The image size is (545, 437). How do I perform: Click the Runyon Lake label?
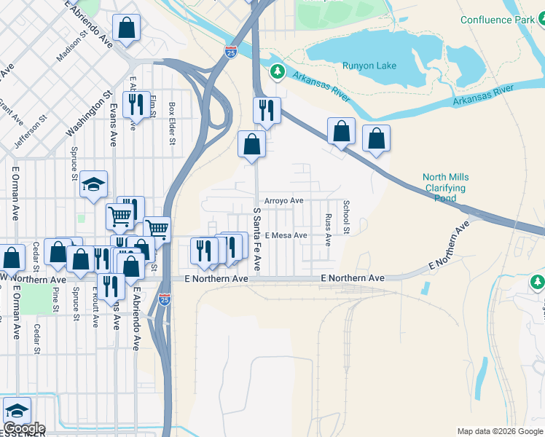(x=369, y=66)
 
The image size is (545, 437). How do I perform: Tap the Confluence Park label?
(x=497, y=20)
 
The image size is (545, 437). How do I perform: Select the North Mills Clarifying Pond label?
(x=446, y=187)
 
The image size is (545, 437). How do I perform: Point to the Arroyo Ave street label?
(x=283, y=200)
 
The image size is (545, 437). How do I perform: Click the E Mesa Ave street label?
(x=286, y=235)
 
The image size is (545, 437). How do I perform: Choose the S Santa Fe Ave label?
(x=256, y=240)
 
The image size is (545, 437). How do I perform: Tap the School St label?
(x=346, y=218)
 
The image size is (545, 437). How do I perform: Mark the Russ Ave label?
(x=328, y=229)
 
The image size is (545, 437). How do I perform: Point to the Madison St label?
(x=71, y=47)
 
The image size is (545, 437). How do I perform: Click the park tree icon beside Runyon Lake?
(x=277, y=71)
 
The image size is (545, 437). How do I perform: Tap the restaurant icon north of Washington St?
(x=136, y=104)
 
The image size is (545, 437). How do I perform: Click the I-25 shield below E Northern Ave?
(x=163, y=299)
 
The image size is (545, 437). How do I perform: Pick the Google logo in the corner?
(x=24, y=428)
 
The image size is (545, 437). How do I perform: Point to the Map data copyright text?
(x=500, y=431)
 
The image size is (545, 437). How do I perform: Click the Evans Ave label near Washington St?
(x=114, y=123)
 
